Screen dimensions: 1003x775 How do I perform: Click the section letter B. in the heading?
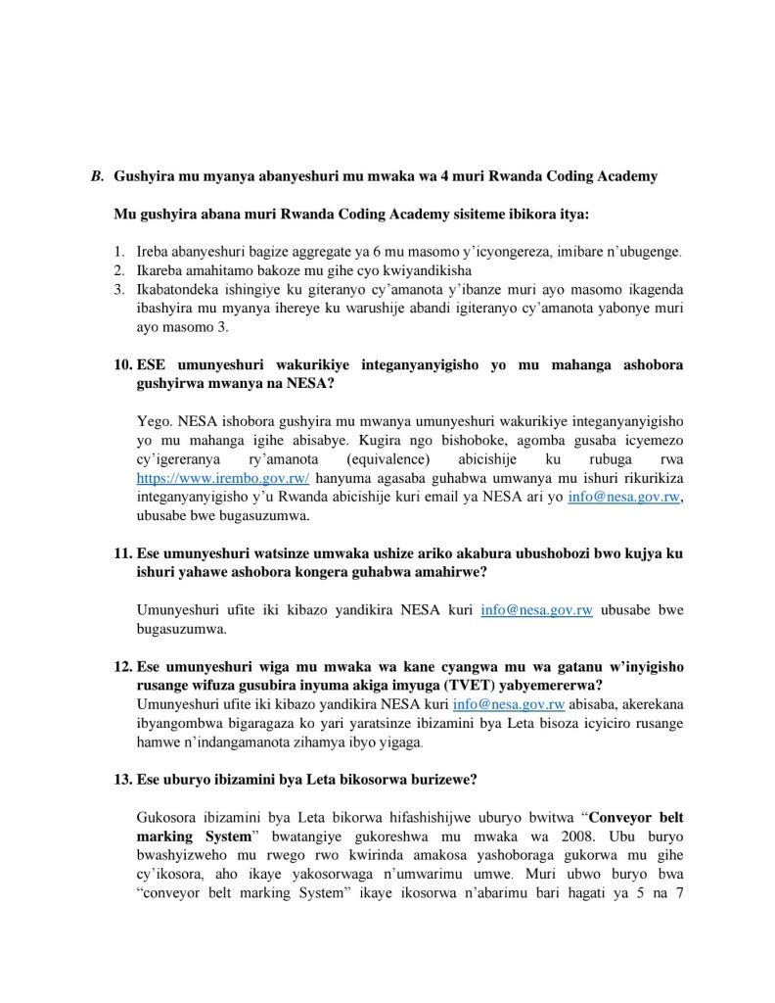97,176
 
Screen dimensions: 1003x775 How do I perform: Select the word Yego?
153,421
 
